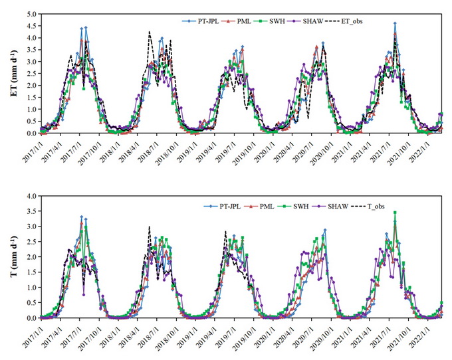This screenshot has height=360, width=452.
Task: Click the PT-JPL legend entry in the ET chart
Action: click(x=199, y=21)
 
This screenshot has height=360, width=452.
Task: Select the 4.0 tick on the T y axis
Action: click(x=29, y=197)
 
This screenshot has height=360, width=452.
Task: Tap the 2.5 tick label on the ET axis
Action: click(x=29, y=73)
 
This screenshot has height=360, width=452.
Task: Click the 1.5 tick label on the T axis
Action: click(x=29, y=273)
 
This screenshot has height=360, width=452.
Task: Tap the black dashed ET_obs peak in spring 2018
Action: click(x=150, y=31)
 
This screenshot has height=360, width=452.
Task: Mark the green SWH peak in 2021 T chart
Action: click(x=395, y=213)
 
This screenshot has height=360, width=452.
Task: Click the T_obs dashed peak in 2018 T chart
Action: click(x=149, y=226)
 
